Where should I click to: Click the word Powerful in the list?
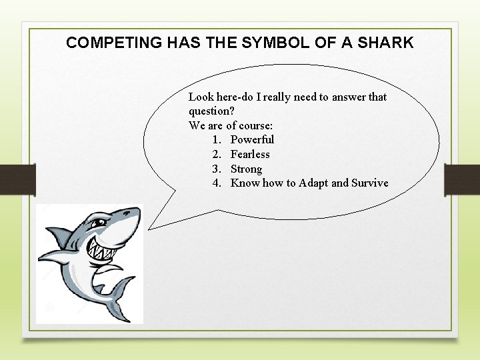coord(252,139)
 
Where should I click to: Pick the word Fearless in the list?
coord(250,154)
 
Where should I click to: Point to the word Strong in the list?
coord(246,169)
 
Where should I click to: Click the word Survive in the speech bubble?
coord(370,183)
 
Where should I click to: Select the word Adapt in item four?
coord(313,183)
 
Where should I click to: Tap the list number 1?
coord(217,139)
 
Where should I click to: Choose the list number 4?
coord(217,183)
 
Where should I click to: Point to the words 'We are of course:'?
coord(231,125)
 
